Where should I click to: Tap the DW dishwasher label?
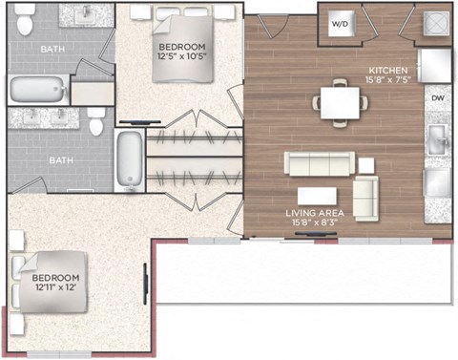pyautogui.click(x=438, y=98)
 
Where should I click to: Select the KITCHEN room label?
pyautogui.click(x=388, y=71)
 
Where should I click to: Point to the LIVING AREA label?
pyautogui.click(x=315, y=213)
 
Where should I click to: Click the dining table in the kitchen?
pyautogui.click(x=340, y=103)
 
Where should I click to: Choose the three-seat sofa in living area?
pyautogui.click(x=320, y=163)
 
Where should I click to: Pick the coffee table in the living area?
pyautogui.click(x=317, y=196)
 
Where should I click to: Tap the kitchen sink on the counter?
pyautogui.click(x=438, y=139)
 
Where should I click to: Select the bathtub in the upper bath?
pyautogui.click(x=38, y=90)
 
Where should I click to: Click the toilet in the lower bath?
pyautogui.click(x=96, y=120)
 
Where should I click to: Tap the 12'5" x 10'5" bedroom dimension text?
pyautogui.click(x=182, y=56)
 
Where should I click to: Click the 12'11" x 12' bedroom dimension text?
pyautogui.click(x=55, y=287)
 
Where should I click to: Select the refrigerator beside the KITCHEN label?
pyautogui.click(x=435, y=65)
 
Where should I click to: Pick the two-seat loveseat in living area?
pyautogui.click(x=365, y=199)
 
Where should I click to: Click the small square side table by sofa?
pyautogui.click(x=366, y=165)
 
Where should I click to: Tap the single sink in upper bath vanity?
pyautogui.click(x=86, y=14)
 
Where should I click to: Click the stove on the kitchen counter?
pyautogui.click(x=437, y=182)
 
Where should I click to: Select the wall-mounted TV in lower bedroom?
pyautogui.click(x=146, y=284)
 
